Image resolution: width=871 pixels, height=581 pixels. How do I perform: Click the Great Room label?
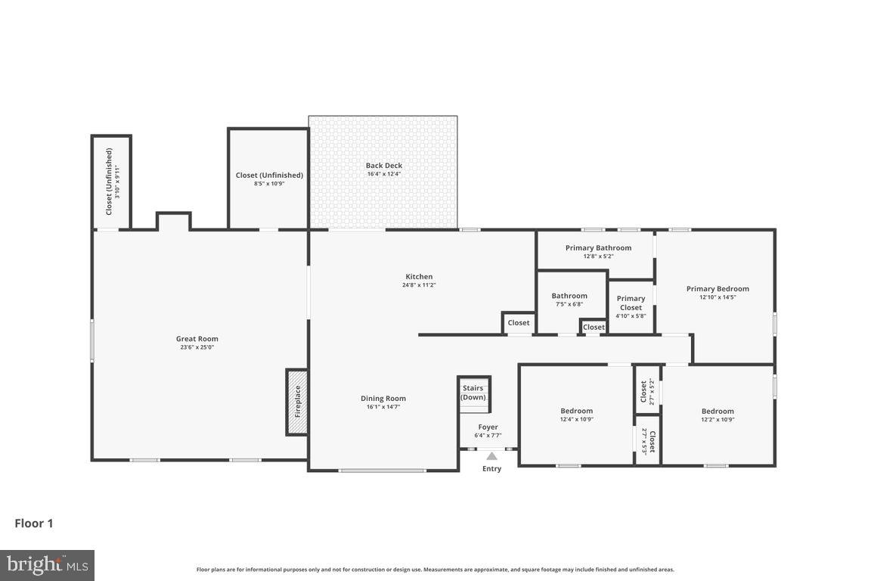pos(197,339)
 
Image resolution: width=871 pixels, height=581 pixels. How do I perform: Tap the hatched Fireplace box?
pos(296,402)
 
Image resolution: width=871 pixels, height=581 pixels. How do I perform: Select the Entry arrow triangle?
pos(491,456)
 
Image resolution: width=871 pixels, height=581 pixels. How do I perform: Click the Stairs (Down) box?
pos(474,393)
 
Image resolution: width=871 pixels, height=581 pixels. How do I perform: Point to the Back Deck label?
pos(384,166)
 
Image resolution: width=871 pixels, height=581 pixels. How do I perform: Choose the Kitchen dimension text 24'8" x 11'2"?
pos(419,285)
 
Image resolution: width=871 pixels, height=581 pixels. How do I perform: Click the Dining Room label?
pos(383,399)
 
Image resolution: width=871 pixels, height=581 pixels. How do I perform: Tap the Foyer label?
pos(488,427)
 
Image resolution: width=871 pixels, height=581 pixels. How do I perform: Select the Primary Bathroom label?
pos(598,247)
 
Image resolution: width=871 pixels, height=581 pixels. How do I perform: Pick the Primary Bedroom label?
pos(718,288)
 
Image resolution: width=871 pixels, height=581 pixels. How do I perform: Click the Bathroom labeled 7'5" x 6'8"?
pos(569,300)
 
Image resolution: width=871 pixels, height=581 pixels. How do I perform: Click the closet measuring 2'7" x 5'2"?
pos(646,391)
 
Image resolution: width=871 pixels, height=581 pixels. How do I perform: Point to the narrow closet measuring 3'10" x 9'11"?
pos(111,182)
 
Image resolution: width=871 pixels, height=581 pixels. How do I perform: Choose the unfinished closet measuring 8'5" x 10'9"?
pos(269,179)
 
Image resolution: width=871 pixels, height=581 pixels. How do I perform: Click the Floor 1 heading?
pos(34,523)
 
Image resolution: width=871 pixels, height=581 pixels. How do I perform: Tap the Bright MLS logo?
pos(47,565)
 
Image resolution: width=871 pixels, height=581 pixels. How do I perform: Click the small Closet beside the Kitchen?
pos(519,323)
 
